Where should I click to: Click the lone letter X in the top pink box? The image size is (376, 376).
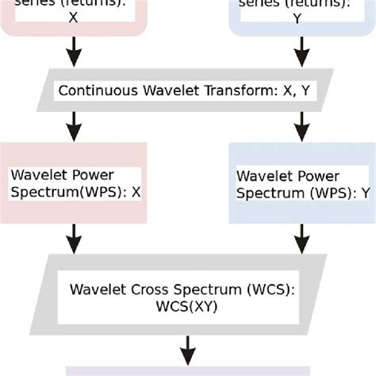tap(74, 16)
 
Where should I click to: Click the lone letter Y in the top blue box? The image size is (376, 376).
tap(297, 16)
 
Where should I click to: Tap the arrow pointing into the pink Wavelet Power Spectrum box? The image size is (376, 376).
tap(74, 124)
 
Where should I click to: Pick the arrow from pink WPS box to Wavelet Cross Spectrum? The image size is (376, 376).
tap(74, 236)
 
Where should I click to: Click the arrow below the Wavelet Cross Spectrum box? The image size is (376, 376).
tap(188, 347)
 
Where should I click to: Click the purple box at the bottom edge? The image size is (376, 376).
tap(188, 371)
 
